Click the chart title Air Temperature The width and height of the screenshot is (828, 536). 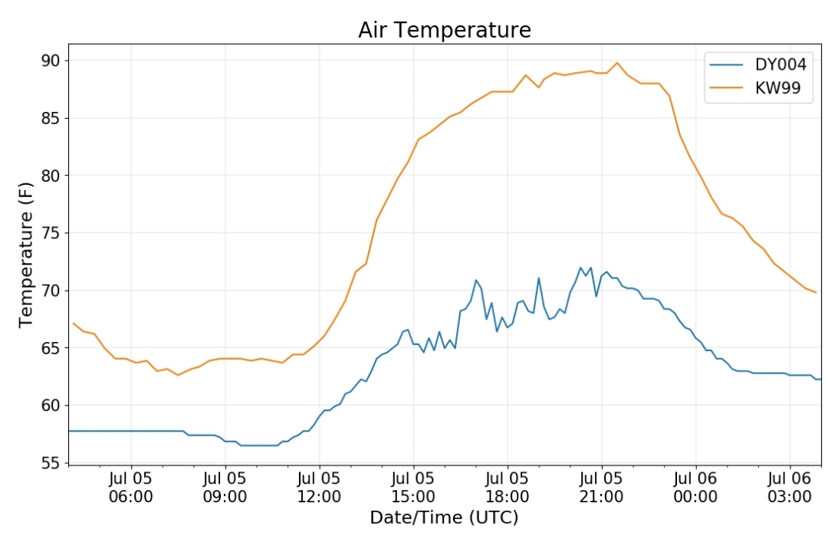(x=445, y=30)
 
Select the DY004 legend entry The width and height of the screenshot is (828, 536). (x=757, y=64)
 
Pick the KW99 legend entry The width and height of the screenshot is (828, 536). (x=755, y=87)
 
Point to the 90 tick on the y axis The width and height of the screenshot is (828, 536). (x=51, y=61)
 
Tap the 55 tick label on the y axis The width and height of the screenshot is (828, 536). (x=51, y=463)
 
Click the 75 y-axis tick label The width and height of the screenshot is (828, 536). (x=51, y=233)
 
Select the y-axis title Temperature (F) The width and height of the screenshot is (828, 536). (x=25, y=255)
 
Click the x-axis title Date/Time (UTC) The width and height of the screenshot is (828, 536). (x=444, y=518)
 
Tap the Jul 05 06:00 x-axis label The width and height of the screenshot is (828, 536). (x=131, y=488)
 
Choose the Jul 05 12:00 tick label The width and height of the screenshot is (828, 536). (x=319, y=488)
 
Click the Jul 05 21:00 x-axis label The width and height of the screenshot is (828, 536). (x=602, y=488)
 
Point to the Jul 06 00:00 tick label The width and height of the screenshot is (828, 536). (x=695, y=488)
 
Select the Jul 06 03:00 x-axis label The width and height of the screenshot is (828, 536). (x=790, y=488)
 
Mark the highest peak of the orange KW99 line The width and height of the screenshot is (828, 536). (x=616, y=63)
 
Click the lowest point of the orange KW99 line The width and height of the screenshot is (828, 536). (x=178, y=375)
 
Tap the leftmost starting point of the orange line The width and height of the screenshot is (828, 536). (x=74, y=323)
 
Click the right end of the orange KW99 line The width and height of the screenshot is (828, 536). (x=816, y=293)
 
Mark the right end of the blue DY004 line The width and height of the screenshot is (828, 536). (x=821, y=379)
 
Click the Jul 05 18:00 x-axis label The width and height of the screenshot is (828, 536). (x=508, y=488)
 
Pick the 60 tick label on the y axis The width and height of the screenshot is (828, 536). (x=51, y=406)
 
